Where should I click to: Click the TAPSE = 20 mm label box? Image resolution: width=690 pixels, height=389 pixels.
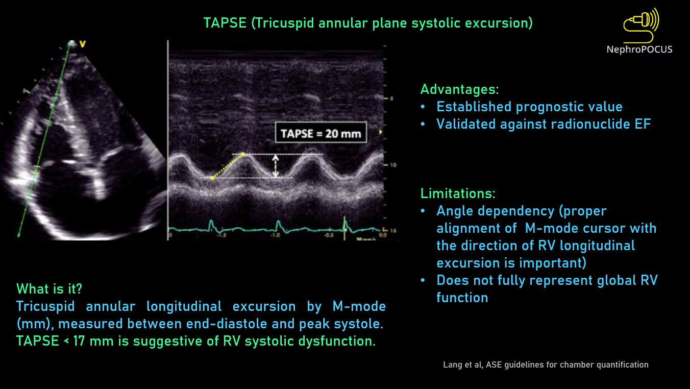321,133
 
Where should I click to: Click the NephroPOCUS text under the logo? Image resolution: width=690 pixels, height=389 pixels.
639,50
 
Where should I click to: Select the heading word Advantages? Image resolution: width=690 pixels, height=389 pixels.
459,89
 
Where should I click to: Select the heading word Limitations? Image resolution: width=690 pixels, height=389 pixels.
458,193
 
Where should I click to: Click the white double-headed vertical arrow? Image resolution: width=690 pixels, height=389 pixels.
276,166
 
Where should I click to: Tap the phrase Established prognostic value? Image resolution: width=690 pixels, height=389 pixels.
529,107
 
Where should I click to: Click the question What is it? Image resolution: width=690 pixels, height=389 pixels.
49,289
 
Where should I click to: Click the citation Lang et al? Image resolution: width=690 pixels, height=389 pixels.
462,364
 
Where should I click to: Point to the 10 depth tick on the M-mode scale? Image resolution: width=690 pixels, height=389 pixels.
393,165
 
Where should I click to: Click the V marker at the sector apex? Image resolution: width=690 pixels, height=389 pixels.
82,44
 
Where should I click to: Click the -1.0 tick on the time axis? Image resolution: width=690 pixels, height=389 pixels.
275,235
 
